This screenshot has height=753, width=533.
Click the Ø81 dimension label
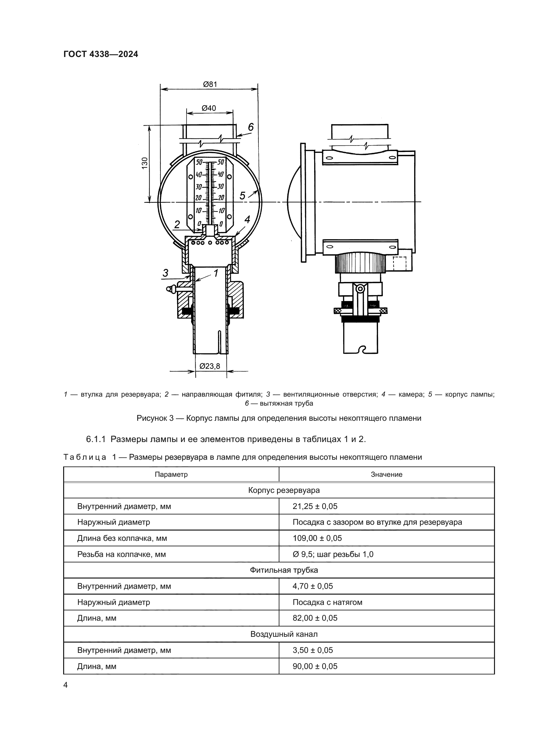[210, 84]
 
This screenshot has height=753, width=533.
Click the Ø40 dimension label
[209, 108]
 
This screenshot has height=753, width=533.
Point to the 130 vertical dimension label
[145, 163]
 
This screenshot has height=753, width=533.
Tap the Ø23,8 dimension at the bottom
[210, 366]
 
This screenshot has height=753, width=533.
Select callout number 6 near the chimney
[251, 127]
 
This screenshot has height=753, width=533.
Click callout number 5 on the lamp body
[242, 196]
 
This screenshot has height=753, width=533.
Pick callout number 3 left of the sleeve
[165, 273]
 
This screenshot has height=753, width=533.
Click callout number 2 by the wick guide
[177, 225]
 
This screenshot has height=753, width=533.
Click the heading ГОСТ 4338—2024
[101, 54]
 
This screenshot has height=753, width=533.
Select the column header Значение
[386, 474]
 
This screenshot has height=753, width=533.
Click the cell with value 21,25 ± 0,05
[315, 506]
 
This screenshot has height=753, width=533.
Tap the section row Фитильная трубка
[284, 570]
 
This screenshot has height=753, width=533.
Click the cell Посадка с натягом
[327, 602]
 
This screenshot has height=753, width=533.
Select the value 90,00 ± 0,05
[315, 666]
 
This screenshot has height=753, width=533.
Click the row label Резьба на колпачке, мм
[121, 554]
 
